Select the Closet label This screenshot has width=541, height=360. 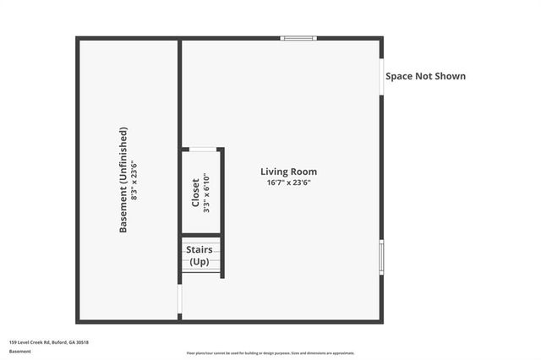(x=195, y=192)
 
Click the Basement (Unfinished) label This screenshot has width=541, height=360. (x=123, y=180)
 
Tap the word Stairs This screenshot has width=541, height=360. (x=199, y=250)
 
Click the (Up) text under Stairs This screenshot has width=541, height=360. (x=199, y=262)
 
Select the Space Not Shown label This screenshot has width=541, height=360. (x=425, y=77)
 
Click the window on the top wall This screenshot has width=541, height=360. (x=298, y=38)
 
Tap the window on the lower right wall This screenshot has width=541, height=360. (x=381, y=257)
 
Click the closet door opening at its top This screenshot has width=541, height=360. (x=201, y=150)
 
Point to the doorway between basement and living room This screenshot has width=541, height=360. (x=179, y=299)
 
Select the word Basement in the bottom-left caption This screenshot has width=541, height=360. (x=20, y=352)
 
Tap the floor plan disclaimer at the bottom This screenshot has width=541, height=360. (x=270, y=353)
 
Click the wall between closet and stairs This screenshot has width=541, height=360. (x=201, y=237)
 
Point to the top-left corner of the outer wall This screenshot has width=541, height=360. (x=78, y=39)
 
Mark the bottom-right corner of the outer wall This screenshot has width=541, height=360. (x=381, y=320)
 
